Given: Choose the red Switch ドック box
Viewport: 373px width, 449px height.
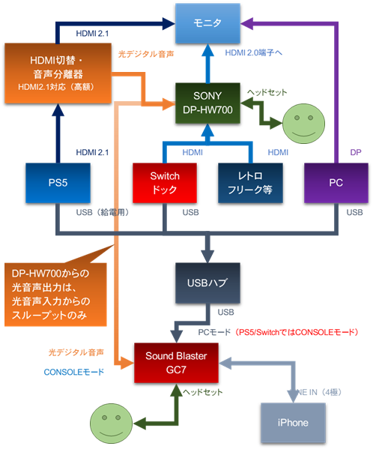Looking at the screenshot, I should pyautogui.click(x=164, y=182).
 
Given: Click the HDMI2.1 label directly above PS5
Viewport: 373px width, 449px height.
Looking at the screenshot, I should pyautogui.click(x=93, y=152).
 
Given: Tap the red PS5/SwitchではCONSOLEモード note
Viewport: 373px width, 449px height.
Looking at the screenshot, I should pyautogui.click(x=297, y=331).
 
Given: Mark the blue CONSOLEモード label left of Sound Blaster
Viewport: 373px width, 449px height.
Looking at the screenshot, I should pyautogui.click(x=73, y=370).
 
